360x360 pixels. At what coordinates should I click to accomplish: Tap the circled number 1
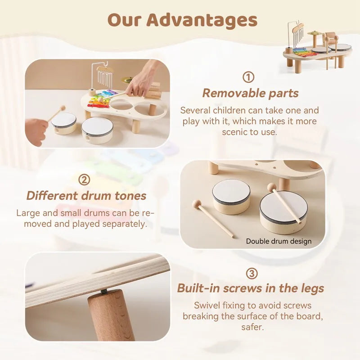[248, 77]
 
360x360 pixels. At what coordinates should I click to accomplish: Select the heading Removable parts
[250, 93]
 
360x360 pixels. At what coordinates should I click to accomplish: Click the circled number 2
[84, 180]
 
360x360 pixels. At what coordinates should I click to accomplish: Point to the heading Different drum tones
[86, 196]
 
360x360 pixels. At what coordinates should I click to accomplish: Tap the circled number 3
[252, 273]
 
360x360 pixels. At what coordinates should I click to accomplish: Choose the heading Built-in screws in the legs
[251, 288]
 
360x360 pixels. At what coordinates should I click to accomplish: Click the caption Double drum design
[279, 241]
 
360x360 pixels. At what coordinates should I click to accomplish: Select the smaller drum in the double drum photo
[231, 196]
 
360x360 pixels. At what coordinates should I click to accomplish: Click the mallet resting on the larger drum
[285, 202]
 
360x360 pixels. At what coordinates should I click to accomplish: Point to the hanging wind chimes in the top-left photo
[105, 76]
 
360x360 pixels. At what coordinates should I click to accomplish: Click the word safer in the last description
[252, 327]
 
